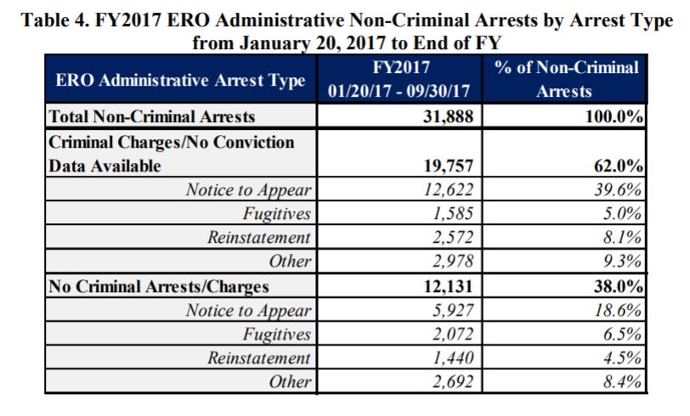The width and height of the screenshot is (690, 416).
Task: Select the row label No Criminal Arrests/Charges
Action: [x=157, y=286]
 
